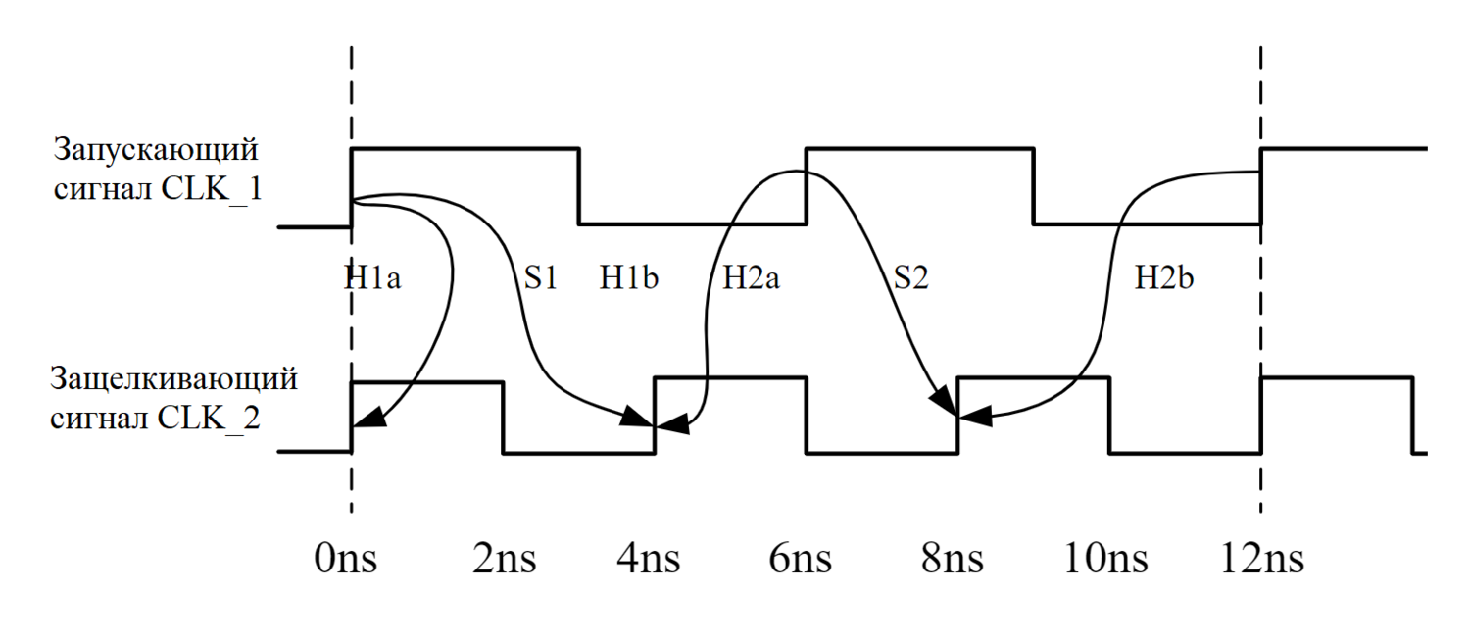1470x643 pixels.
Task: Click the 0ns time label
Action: click(346, 560)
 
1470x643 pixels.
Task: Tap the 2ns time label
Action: click(504, 560)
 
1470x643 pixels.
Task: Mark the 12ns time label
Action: click(1263, 560)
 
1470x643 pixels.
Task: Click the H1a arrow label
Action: click(372, 278)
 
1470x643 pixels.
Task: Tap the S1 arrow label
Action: click(540, 278)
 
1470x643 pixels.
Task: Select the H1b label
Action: click(629, 278)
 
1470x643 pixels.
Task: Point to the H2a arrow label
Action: click(752, 278)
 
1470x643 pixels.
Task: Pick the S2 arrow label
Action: click(909, 278)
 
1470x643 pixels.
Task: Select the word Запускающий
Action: click(156, 152)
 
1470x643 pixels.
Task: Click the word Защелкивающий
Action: click(173, 380)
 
